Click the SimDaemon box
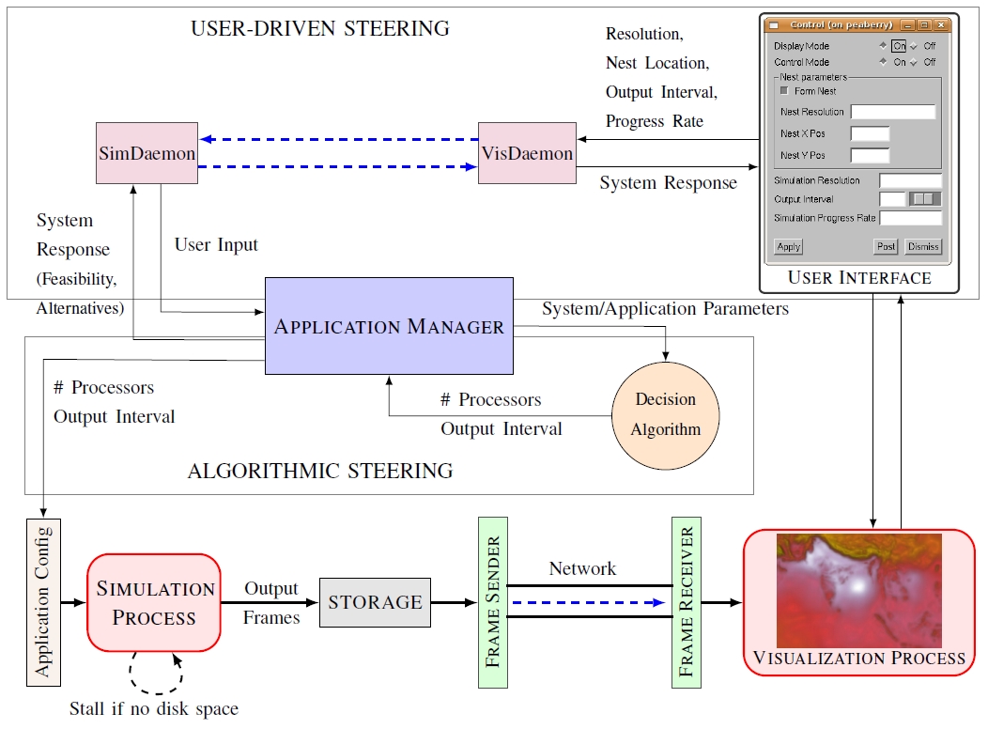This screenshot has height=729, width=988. point(147,153)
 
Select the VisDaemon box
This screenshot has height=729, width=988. point(527,153)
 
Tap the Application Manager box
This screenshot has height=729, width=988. point(389,327)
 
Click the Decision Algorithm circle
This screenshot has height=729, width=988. point(666,414)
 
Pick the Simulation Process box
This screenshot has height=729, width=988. point(154,603)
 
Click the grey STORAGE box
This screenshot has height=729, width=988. point(375,602)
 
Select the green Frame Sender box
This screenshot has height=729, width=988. point(492,601)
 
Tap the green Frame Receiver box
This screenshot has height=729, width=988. point(687,601)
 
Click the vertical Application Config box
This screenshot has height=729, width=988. point(43,602)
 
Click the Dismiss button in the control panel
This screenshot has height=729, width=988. point(922,247)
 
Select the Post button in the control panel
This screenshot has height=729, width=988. point(885,247)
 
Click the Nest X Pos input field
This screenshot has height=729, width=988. point(870,133)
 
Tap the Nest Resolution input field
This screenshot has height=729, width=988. point(892,112)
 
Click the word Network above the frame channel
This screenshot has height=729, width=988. point(582,568)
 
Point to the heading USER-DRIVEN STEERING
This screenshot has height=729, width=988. point(320,28)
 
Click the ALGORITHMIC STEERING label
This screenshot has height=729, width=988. point(320,471)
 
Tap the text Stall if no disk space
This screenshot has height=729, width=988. point(154,708)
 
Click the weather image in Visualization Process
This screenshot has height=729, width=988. point(857,589)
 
